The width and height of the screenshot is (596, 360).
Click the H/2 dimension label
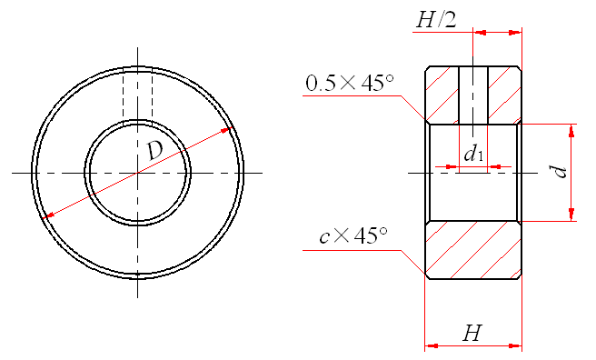pos(436,20)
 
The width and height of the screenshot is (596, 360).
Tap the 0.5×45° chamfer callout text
pos(350,83)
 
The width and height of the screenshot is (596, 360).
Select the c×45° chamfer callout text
pos(353,236)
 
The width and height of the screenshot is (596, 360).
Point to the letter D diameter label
pos(155,151)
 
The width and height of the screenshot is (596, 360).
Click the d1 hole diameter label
pos(473,154)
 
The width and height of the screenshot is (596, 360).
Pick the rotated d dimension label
pos(560,172)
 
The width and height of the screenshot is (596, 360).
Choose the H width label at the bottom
pos(472,333)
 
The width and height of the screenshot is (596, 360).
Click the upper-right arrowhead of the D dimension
pos(227,130)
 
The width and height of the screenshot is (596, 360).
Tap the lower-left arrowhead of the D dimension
pos(48,215)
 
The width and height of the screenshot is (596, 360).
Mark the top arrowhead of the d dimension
pos(571,130)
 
